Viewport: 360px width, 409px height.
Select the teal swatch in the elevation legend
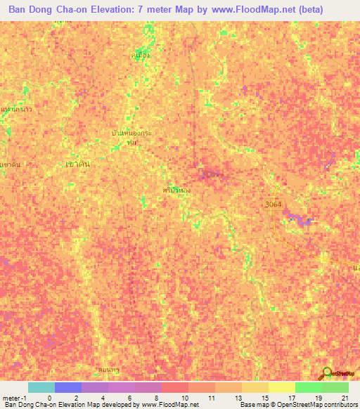pyautogui.click(x=41, y=387)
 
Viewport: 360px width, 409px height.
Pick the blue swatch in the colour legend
pyautogui.click(x=67, y=387)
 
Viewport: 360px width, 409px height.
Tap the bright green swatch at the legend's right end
pyautogui.click(x=335, y=387)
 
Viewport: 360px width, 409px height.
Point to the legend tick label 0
pyautogui.click(x=49, y=397)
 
